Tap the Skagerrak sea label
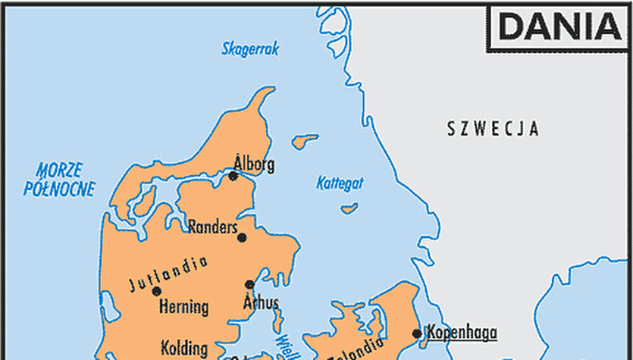coord(250,49)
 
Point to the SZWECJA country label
coord(493,128)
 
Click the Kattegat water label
coord(340,183)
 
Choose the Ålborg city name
coord(254,164)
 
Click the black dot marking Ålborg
coord(233,177)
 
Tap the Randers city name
coord(212,227)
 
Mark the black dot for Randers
coord(242,237)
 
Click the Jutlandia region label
coord(168,275)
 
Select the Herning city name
coord(183,307)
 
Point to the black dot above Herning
coord(157,291)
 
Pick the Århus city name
coord(261,302)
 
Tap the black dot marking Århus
coord(249,285)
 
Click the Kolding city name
coord(184,349)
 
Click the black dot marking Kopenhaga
coord(417,333)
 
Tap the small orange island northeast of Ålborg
coord(306,141)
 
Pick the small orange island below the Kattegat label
coord(349,208)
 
